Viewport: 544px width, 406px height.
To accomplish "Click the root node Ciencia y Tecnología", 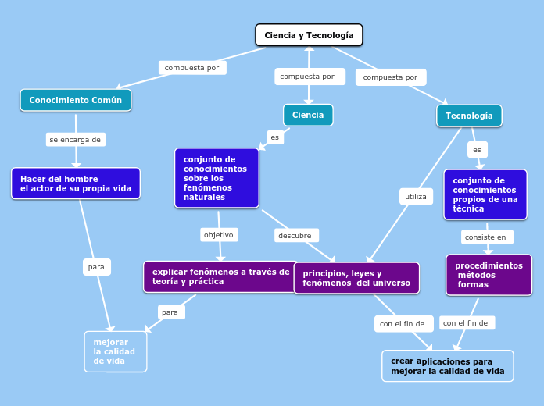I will [309, 35].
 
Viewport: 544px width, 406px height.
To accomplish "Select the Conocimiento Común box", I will [76, 100].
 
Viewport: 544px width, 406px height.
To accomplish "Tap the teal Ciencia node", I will [308, 115].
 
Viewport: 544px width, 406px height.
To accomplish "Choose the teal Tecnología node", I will [469, 116].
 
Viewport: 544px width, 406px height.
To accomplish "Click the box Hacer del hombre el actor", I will [76, 183].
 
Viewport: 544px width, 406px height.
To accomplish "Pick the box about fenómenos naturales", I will [217, 178].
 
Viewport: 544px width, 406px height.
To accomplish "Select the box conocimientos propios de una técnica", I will [485, 195].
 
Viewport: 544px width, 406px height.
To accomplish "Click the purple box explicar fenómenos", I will [221, 276].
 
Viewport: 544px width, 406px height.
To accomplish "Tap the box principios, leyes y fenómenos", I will [356, 278].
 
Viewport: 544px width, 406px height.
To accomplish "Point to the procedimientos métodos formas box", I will [489, 275].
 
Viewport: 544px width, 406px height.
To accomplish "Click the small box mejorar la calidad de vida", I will [115, 351].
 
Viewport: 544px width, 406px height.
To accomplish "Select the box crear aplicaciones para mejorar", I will [447, 366].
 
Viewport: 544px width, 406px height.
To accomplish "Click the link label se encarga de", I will [75, 140].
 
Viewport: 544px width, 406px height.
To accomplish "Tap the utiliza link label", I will [416, 197].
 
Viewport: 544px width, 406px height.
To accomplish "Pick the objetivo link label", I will [219, 234].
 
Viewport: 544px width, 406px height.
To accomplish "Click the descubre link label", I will [295, 235].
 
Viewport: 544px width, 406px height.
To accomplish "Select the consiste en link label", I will [485, 237].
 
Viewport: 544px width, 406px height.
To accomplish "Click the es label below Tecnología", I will [477, 149].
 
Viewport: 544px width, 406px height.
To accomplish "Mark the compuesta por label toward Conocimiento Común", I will [191, 68].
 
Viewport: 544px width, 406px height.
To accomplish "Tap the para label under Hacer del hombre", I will [96, 267].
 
